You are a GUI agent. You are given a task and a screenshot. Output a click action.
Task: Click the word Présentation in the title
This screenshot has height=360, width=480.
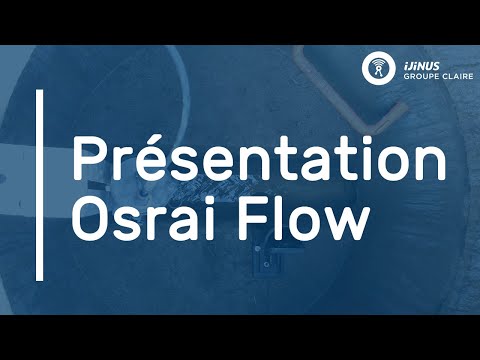point(258,159)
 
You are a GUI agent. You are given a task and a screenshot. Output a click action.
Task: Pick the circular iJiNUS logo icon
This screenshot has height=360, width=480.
point(377,67)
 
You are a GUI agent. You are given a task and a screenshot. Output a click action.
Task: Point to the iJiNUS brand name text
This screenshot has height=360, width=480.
point(418,61)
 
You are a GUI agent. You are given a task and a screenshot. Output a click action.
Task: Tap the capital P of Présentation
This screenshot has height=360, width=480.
point(87,159)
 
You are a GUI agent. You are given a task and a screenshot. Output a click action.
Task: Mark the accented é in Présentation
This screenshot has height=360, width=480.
point(143,160)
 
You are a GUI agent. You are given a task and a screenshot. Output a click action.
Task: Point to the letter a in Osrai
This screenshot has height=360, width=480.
point(181,221)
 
